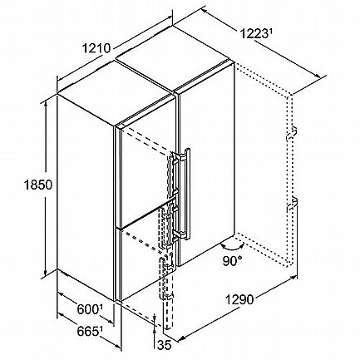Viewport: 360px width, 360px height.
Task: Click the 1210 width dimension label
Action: [96, 48]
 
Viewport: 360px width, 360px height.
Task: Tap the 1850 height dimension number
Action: [38, 185]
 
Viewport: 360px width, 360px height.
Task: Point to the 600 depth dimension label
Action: [87, 309]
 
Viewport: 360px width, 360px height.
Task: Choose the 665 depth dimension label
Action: [87, 331]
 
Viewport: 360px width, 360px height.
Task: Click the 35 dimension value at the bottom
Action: [165, 345]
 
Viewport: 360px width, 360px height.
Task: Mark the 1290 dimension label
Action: [239, 299]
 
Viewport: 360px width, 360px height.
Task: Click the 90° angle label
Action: [232, 261]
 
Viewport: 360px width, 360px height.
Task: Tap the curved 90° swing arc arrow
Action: [232, 246]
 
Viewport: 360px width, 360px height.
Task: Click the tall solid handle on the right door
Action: [186, 193]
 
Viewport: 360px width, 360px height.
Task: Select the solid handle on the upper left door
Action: [170, 172]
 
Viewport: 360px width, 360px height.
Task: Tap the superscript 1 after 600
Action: [101, 307]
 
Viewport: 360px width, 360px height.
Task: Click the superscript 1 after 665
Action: [101, 329]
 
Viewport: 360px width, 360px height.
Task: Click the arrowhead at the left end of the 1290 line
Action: [180, 338]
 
